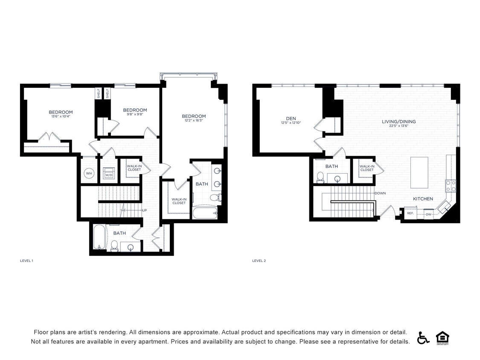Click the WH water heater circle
(x=89, y=173)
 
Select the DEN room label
(x=291, y=119)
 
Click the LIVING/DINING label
(x=399, y=122)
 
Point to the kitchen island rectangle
(x=419, y=172)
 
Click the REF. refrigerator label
(x=410, y=213)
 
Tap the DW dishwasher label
(x=428, y=214)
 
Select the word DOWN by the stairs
(x=380, y=193)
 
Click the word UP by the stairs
(x=145, y=210)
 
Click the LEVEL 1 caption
(x=26, y=261)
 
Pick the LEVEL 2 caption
(x=259, y=261)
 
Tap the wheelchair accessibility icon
(x=423, y=338)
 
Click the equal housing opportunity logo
(x=442, y=338)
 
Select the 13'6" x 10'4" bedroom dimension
(x=60, y=116)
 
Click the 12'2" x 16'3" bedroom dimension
(x=194, y=121)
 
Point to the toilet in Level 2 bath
(x=320, y=177)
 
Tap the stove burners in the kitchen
(x=451, y=186)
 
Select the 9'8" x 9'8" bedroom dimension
(x=135, y=114)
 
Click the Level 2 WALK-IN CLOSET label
(x=367, y=168)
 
